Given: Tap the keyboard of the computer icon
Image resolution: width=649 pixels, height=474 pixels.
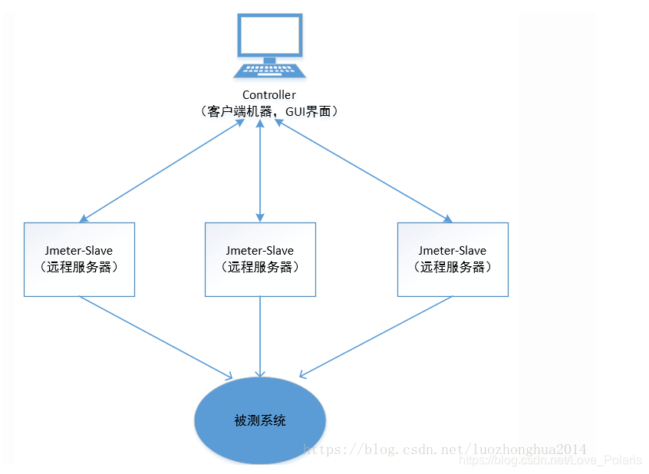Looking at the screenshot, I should click(269, 70).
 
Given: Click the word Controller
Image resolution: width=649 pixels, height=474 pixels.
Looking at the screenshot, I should click(269, 95).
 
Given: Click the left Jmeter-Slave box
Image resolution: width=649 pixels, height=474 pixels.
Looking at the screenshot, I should click(79, 259).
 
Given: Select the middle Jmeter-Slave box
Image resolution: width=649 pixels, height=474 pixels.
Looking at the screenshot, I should click(260, 259).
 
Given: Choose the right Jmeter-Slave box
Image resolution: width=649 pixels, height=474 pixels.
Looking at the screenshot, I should click(453, 259).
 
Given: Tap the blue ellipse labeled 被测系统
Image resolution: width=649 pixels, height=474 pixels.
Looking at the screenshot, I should click(260, 420).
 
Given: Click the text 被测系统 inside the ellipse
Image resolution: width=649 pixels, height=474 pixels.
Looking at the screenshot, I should click(260, 420).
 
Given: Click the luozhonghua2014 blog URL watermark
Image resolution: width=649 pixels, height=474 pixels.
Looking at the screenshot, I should click(445, 449).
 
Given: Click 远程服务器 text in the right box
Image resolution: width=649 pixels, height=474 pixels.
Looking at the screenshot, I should click(453, 268).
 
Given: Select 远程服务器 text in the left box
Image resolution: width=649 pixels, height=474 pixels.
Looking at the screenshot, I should click(79, 268).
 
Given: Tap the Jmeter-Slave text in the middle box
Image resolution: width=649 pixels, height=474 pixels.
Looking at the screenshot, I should click(260, 251).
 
